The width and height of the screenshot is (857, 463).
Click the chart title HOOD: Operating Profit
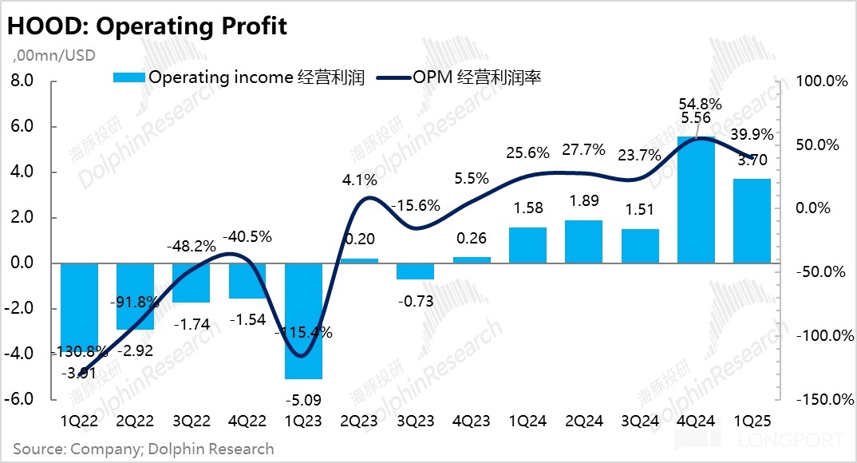coord(147,26)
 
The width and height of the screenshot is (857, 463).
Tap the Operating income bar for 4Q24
coord(696,200)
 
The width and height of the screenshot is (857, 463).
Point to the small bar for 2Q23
coord(359,260)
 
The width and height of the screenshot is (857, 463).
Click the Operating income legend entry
coord(239,77)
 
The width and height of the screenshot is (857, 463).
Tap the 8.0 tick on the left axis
coord(22,81)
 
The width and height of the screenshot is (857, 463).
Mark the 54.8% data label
coord(701,104)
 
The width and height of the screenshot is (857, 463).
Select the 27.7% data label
coord(583,150)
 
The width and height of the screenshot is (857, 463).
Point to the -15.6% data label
coord(415,205)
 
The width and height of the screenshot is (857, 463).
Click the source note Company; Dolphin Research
coord(144,449)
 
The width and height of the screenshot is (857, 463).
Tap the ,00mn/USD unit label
coord(54,55)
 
